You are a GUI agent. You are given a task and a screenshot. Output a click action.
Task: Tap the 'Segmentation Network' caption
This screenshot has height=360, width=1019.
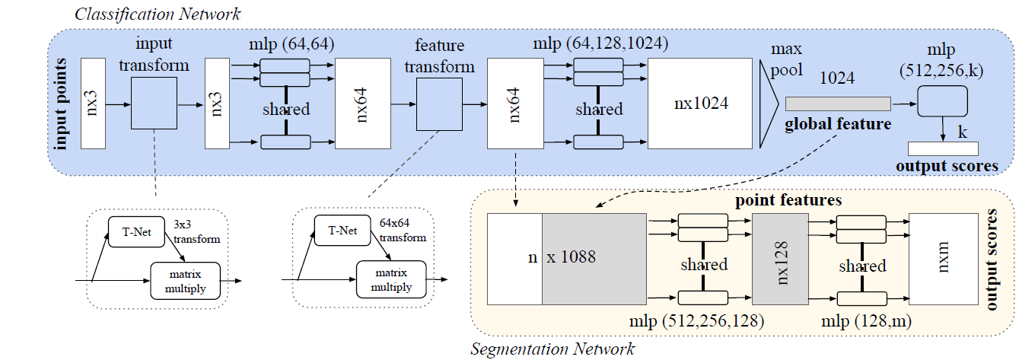[x=552, y=349]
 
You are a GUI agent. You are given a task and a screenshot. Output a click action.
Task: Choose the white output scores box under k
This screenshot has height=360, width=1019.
[x=943, y=149]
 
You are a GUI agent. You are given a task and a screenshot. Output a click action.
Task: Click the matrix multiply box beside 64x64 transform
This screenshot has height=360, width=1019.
[x=388, y=279]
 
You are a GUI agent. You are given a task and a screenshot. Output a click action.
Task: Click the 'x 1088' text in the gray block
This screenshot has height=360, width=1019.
[x=571, y=257]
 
